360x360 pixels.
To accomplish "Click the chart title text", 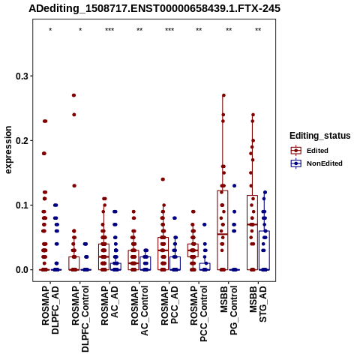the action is click(154, 8).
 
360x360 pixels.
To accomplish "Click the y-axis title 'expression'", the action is click(8, 150).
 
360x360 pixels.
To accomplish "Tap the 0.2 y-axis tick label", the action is click(22, 141).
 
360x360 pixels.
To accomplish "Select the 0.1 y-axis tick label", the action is click(22, 205).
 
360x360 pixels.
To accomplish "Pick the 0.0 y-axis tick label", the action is click(22, 270).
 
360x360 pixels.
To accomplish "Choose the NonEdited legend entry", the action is click(316, 163).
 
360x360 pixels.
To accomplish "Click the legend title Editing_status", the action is click(320, 136).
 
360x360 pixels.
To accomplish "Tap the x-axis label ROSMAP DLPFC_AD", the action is click(50, 310).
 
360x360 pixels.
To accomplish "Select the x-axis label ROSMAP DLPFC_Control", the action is click(80, 319).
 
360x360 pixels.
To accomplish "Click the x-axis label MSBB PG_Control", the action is click(229, 310).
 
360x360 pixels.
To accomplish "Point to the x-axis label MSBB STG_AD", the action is click(258, 304).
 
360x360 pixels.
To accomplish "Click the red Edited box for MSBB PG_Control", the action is click(223, 230).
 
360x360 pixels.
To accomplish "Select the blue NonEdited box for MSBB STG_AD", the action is click(264, 250).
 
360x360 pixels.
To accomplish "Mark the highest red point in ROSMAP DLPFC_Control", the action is click(73, 95).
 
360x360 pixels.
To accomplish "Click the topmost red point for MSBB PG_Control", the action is click(223, 95).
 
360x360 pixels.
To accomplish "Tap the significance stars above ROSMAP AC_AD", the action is click(109, 30).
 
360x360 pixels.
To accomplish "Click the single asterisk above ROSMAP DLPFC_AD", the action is click(50, 30).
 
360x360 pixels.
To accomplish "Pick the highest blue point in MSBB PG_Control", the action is click(234, 186).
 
